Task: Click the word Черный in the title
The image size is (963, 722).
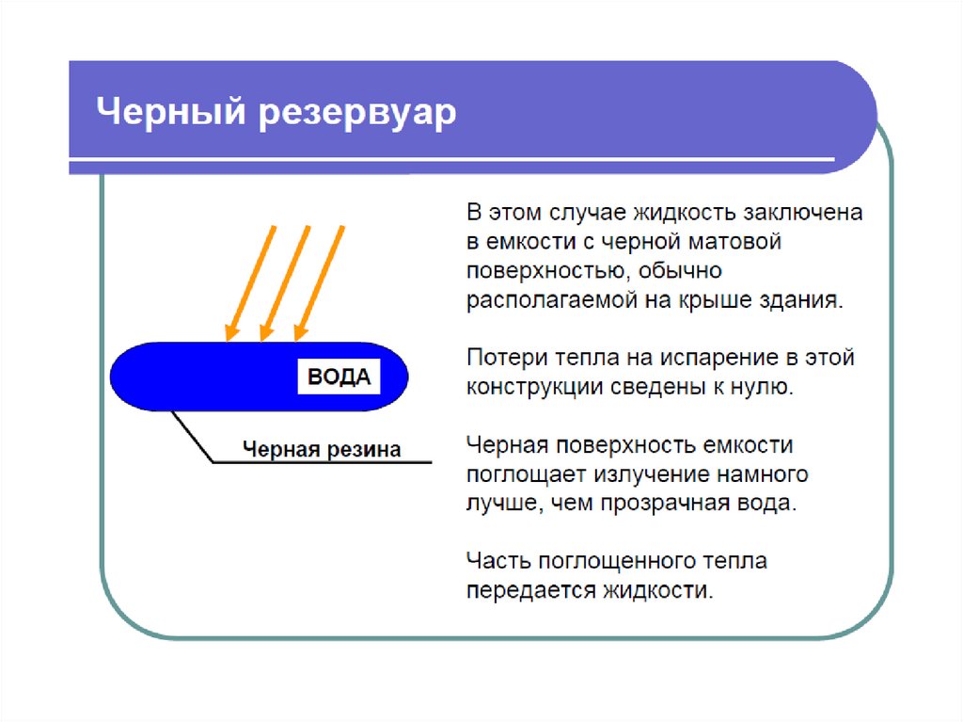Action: coord(171,112)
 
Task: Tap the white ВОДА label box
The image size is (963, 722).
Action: coord(339,377)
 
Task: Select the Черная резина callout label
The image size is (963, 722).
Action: coord(322,449)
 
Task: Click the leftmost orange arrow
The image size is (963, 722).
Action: coord(250,283)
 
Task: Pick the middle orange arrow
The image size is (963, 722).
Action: coord(285,283)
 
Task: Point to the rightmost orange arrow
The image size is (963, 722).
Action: coord(320,283)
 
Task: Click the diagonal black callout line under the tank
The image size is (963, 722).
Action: coord(192,436)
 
